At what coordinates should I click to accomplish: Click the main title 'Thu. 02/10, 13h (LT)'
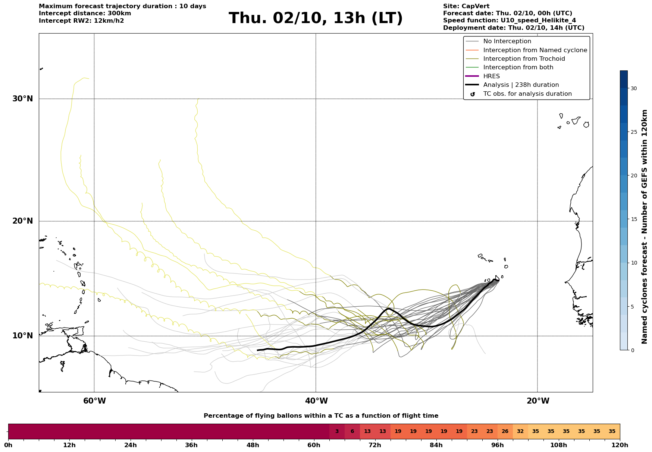click(x=316, y=18)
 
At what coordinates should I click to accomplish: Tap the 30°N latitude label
click(x=23, y=99)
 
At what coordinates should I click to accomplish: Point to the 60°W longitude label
click(x=94, y=401)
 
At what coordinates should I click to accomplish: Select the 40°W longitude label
click(x=316, y=401)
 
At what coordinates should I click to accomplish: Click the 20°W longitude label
click(x=538, y=401)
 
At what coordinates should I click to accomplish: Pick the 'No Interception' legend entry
click(x=507, y=41)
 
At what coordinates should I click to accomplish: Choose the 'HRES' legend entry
click(x=491, y=76)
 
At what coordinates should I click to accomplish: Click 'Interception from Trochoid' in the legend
click(x=524, y=59)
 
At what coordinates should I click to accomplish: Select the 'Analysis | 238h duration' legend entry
click(x=521, y=85)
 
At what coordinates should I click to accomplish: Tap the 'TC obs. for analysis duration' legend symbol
click(x=473, y=94)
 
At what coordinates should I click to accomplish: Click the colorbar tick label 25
click(x=634, y=132)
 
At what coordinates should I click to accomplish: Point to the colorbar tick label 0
click(x=632, y=350)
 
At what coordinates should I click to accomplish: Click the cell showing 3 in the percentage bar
click(x=337, y=432)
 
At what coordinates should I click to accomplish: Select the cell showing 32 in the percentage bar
click(x=520, y=432)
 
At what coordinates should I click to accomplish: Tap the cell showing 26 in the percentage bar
click(x=505, y=432)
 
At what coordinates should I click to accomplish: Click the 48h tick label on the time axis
click(x=253, y=445)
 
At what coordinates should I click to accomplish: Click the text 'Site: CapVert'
click(x=466, y=6)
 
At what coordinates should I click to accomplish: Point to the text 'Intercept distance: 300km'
click(x=85, y=13)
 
